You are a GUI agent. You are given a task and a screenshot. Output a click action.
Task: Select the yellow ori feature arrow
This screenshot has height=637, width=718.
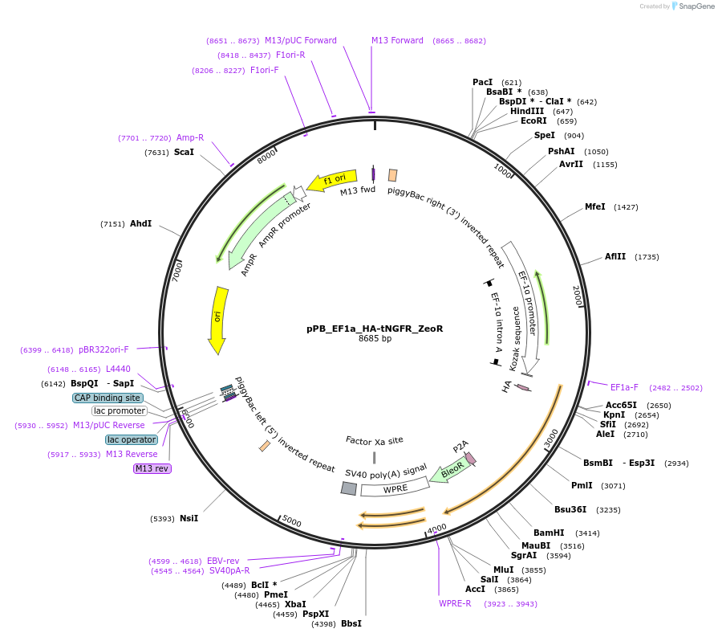point(217,318)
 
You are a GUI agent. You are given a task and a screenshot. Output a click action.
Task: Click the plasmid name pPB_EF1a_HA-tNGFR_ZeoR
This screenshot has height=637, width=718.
point(375,328)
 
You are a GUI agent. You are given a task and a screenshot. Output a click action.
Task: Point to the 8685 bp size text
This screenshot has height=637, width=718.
point(375,339)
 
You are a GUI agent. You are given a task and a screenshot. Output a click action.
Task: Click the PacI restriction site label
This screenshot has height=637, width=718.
point(482,82)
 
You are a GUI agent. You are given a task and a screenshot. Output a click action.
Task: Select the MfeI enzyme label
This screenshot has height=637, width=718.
point(594,206)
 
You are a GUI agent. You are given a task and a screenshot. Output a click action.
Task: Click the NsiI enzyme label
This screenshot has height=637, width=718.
point(189,518)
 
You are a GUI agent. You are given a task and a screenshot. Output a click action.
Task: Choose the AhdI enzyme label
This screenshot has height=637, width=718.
point(140,223)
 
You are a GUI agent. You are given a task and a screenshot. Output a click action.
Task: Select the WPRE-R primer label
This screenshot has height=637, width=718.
point(455,603)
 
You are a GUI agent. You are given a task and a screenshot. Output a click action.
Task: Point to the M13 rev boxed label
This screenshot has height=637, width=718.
point(152,468)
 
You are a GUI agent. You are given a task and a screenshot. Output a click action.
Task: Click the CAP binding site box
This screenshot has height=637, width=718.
point(107,398)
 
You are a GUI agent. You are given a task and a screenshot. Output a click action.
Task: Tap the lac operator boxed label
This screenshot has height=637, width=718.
point(131,439)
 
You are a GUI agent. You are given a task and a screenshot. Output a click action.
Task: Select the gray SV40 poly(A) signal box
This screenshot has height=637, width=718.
point(348,488)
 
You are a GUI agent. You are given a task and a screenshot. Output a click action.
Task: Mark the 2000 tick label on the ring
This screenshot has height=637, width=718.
point(577,295)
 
